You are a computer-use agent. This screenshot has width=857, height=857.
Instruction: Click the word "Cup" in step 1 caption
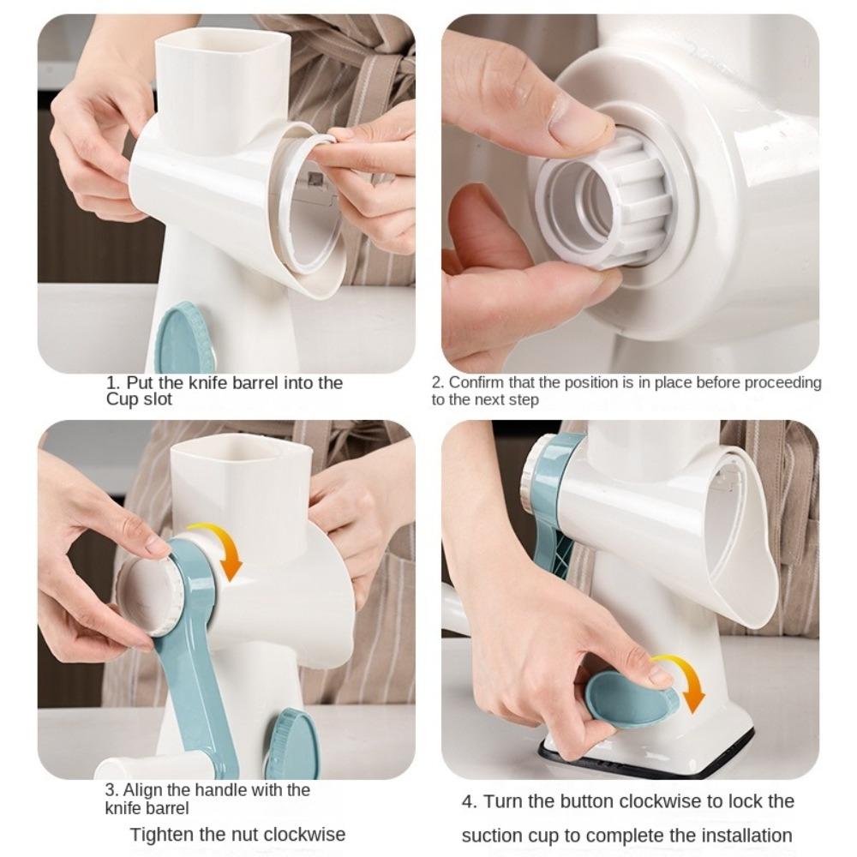point(122,399)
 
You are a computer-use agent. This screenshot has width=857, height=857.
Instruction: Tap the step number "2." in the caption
point(437,383)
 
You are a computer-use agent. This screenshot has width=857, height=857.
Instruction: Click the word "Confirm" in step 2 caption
point(476,383)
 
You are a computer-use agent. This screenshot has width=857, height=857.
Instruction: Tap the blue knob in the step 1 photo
point(184,339)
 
